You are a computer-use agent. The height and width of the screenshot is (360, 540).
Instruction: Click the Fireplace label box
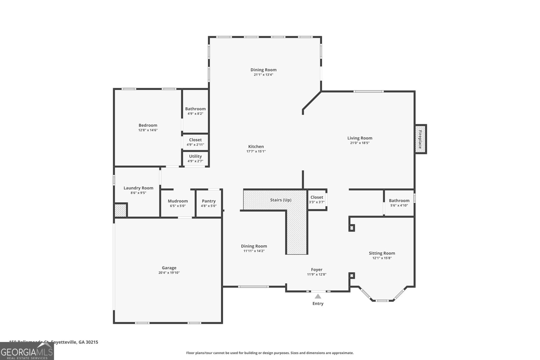[421, 139]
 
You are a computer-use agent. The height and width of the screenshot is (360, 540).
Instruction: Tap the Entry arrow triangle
[318, 297]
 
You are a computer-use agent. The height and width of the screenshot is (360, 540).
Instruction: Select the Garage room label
[169, 268]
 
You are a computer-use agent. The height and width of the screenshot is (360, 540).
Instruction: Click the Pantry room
[209, 203]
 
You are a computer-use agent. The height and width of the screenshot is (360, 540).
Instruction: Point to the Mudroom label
[178, 201]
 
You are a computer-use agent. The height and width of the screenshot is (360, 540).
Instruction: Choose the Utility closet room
[195, 158]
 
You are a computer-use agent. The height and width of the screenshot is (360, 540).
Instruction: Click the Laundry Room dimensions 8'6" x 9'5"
[138, 193]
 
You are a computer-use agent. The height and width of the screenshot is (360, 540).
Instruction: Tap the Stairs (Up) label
[280, 200]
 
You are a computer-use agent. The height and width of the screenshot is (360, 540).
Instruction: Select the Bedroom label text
[148, 125]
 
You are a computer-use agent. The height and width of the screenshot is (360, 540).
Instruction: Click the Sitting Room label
[382, 253]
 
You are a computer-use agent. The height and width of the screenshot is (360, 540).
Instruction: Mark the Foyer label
[317, 270]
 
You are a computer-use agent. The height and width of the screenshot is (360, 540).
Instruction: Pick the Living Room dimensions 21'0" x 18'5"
[360, 143]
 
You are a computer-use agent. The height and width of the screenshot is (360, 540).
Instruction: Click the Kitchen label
[256, 146]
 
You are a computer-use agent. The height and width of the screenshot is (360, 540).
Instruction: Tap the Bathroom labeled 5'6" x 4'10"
[399, 202]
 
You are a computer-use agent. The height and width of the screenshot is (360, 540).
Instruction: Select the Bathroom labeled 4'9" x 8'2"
[195, 111]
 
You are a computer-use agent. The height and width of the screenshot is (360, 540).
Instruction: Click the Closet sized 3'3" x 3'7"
[317, 199]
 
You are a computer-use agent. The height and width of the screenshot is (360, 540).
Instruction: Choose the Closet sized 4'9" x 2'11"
[195, 142]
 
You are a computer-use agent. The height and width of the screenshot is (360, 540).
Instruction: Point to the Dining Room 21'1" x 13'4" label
[263, 70]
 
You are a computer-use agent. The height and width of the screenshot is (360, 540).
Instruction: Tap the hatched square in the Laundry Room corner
[120, 210]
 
